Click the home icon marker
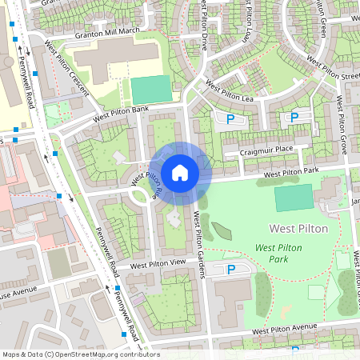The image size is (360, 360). point(180,172)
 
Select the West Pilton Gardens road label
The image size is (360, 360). point(200,245)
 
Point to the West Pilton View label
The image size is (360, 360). point(158,264)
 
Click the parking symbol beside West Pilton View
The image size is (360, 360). point(231,270)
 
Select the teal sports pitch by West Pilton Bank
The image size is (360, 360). point(151,89)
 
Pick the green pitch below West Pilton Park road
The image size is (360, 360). point(294,198)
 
